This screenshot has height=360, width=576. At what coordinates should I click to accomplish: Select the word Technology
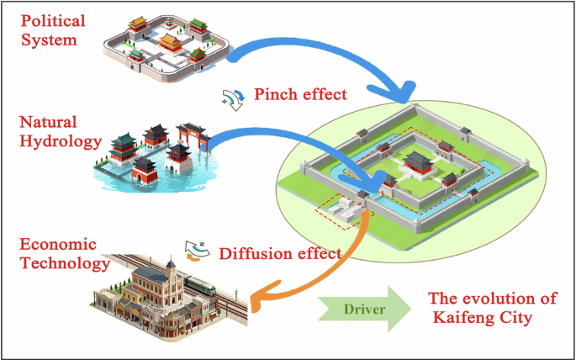58,263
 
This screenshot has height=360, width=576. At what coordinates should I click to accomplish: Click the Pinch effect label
299,94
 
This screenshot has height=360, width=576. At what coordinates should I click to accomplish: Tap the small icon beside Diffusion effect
198,249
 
